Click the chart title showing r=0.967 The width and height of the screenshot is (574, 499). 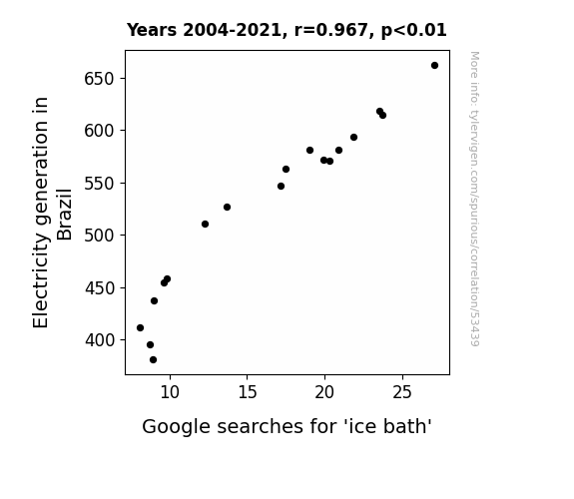click(x=287, y=30)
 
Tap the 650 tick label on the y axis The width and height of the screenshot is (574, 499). click(x=100, y=79)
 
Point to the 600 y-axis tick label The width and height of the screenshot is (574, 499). click(x=100, y=131)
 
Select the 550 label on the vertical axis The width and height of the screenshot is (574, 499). click(x=100, y=184)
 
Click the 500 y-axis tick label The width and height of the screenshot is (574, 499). click(x=100, y=236)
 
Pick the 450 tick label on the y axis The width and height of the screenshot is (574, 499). click(x=100, y=288)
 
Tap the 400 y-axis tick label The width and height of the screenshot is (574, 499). click(x=100, y=340)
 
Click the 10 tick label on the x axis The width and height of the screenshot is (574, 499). click(x=170, y=392)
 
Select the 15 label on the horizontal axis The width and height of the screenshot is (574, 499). click(x=248, y=392)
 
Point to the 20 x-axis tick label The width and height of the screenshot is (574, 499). click(x=324, y=392)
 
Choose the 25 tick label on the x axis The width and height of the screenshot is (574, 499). click(x=402, y=392)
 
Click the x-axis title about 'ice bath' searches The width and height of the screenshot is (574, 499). click(x=287, y=426)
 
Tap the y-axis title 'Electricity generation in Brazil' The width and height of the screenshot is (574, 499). click(x=52, y=213)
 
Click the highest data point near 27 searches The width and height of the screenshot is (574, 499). click(x=434, y=66)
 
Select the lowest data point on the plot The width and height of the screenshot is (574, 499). click(x=153, y=360)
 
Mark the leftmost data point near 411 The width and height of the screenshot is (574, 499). click(x=140, y=327)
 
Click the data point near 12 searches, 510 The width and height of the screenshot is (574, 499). click(x=205, y=225)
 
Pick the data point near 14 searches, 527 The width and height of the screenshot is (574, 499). click(x=227, y=208)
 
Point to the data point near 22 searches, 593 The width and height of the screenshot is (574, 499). click(x=353, y=138)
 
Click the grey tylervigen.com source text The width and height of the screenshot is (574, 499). click(x=474, y=199)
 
